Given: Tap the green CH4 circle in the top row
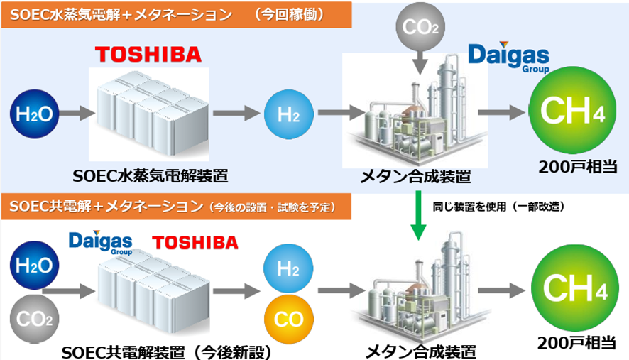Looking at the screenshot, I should coord(568,113).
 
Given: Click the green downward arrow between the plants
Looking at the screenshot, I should coord(420,220).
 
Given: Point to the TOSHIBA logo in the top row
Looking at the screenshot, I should coord(148,55).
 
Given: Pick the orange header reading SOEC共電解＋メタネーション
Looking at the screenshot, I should coord(177,207).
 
